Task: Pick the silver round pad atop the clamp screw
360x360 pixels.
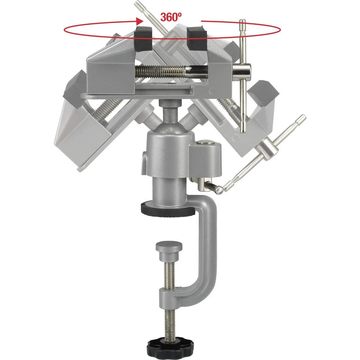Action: coord(169,248)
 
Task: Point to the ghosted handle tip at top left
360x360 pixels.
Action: coord(138,5)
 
